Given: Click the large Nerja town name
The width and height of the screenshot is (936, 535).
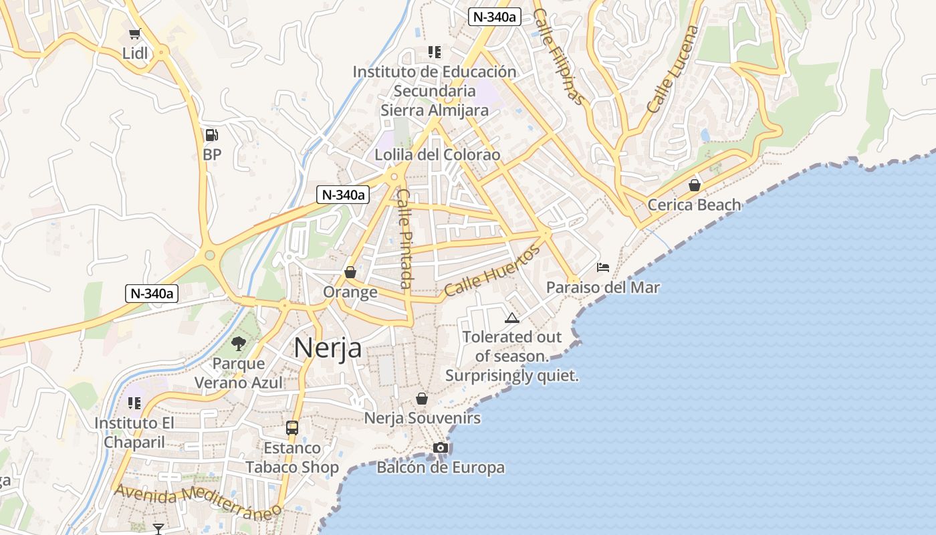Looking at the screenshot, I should click(x=328, y=348).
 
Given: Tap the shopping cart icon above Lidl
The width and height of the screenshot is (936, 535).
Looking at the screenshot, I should click(x=135, y=33).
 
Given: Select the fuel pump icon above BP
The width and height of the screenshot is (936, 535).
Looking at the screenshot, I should click(x=211, y=135).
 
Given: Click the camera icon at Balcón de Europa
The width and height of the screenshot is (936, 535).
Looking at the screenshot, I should click(x=440, y=447).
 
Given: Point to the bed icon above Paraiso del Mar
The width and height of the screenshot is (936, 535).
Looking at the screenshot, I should click(x=603, y=267).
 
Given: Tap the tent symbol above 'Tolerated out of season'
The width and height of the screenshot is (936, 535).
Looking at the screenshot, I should click(x=512, y=318).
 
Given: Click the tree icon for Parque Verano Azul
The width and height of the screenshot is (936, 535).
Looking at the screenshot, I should click(x=239, y=344).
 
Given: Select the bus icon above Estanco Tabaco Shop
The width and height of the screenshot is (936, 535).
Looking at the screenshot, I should click(x=292, y=427).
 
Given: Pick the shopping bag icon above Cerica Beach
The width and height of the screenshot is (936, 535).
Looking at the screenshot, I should click(x=695, y=185).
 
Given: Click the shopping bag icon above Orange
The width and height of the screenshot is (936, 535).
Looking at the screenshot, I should click(x=350, y=272).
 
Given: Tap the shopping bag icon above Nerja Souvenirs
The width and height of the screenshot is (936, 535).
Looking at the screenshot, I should click(x=422, y=399).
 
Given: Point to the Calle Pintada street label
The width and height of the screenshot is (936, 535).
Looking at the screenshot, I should click(x=405, y=239).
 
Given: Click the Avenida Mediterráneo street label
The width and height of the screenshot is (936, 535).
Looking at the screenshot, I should click(x=198, y=502).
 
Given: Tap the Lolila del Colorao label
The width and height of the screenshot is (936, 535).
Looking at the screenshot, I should click(x=437, y=154).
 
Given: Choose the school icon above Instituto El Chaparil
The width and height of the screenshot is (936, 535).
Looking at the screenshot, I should click(x=134, y=403).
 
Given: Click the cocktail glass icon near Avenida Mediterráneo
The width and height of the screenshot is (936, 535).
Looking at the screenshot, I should click(x=158, y=529).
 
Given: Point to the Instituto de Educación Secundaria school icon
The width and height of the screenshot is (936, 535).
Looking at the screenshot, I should click(x=435, y=51).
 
